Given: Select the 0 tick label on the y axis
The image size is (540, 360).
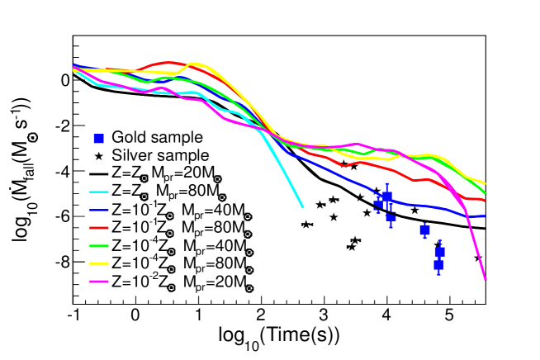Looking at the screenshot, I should [61, 80].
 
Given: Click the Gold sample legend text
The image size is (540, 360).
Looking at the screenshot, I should [158, 137].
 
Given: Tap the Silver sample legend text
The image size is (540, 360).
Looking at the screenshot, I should [160, 154].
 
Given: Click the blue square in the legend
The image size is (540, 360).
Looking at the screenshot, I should [99, 137].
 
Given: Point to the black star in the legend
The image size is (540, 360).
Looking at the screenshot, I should [99, 154].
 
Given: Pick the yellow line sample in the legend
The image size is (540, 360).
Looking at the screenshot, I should [99, 266].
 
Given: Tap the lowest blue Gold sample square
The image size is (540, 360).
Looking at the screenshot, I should [438, 265].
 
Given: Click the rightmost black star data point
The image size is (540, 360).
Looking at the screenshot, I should [478, 258].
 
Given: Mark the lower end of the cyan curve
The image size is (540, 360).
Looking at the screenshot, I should [302, 207].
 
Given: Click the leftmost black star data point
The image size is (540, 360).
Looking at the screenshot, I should [305, 225].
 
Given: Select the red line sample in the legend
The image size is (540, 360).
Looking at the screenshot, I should [99, 229].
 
